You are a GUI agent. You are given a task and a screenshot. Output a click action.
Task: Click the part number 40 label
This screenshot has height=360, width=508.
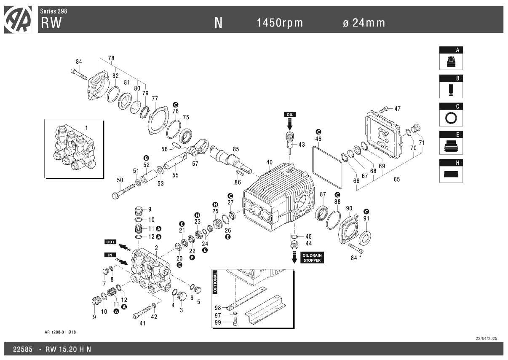point(269,162)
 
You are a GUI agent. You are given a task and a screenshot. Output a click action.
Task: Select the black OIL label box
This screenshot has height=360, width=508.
point(289,115)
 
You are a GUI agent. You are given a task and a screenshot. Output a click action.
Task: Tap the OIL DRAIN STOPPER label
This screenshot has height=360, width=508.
point(312,258)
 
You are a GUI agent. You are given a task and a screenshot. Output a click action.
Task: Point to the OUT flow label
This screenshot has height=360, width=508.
point(110,242)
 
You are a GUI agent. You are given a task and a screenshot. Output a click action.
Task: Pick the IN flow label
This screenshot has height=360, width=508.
point(110,255)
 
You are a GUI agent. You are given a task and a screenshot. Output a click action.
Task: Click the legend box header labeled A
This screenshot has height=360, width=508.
point(451,50)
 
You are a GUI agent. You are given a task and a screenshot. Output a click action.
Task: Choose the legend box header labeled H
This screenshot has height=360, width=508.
point(451,163)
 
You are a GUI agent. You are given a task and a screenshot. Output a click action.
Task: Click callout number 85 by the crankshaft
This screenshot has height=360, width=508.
point(236,149)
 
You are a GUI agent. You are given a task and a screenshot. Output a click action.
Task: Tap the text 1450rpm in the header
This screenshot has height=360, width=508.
point(280,23)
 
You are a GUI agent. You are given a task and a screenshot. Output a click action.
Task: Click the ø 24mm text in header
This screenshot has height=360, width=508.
point(364,23)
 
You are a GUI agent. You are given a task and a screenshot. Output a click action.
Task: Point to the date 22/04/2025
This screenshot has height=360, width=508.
point(487,339)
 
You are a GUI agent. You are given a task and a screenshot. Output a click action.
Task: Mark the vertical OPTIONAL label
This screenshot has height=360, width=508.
point(215,282)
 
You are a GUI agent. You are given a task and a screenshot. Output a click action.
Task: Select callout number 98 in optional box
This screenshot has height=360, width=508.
point(218,308)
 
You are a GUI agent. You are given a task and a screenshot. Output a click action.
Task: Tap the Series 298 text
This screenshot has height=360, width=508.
point(53,11)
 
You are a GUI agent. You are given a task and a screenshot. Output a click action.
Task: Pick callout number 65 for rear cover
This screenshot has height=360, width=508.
point(397,179)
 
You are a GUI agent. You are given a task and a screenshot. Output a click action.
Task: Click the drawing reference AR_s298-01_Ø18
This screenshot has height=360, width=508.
point(60,332)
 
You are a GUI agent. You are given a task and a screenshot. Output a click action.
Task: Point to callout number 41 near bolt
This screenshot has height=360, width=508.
point(142,324)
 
